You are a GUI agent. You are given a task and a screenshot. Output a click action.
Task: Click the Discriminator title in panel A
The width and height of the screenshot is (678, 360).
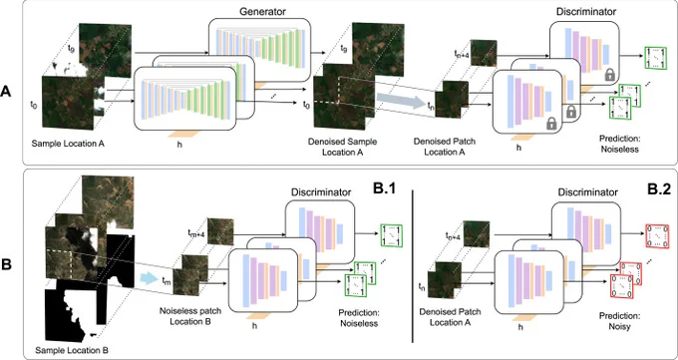(586, 11)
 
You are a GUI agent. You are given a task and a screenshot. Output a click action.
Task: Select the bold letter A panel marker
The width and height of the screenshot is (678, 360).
(7, 92)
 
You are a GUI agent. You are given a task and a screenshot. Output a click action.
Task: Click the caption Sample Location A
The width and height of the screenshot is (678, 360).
(68, 144)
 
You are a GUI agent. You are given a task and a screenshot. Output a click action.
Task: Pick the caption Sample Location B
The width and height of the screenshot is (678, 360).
(72, 349)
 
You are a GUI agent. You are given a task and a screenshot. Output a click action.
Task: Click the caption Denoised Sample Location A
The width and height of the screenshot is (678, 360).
(342, 148)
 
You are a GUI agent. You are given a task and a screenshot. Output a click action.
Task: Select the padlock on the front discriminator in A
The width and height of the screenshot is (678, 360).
(550, 124)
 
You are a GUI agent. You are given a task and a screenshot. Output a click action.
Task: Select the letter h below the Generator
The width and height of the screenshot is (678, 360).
(179, 144)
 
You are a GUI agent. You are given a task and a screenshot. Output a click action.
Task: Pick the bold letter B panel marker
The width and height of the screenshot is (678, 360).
(7, 264)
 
